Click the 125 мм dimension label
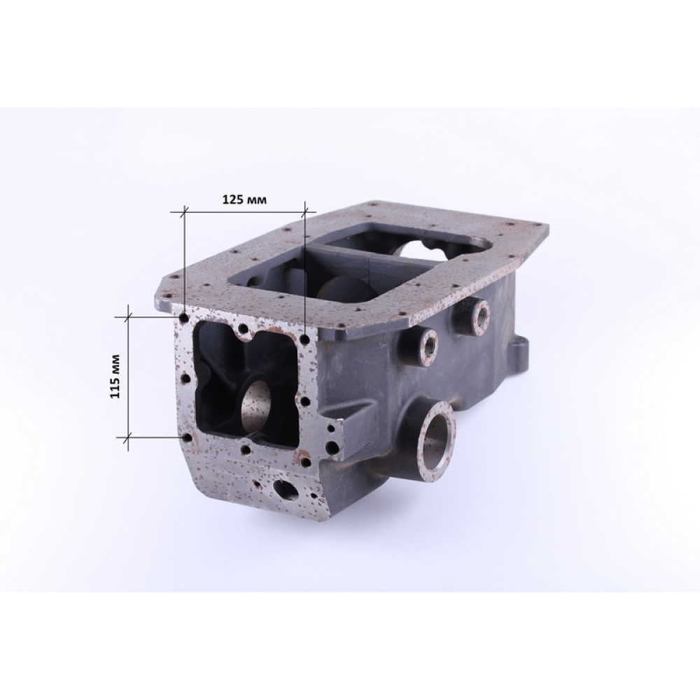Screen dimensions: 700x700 (244, 199)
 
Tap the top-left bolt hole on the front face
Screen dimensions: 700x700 (183, 318)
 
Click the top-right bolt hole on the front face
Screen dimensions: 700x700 (305, 339)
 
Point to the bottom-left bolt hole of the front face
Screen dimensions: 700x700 (188, 437)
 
